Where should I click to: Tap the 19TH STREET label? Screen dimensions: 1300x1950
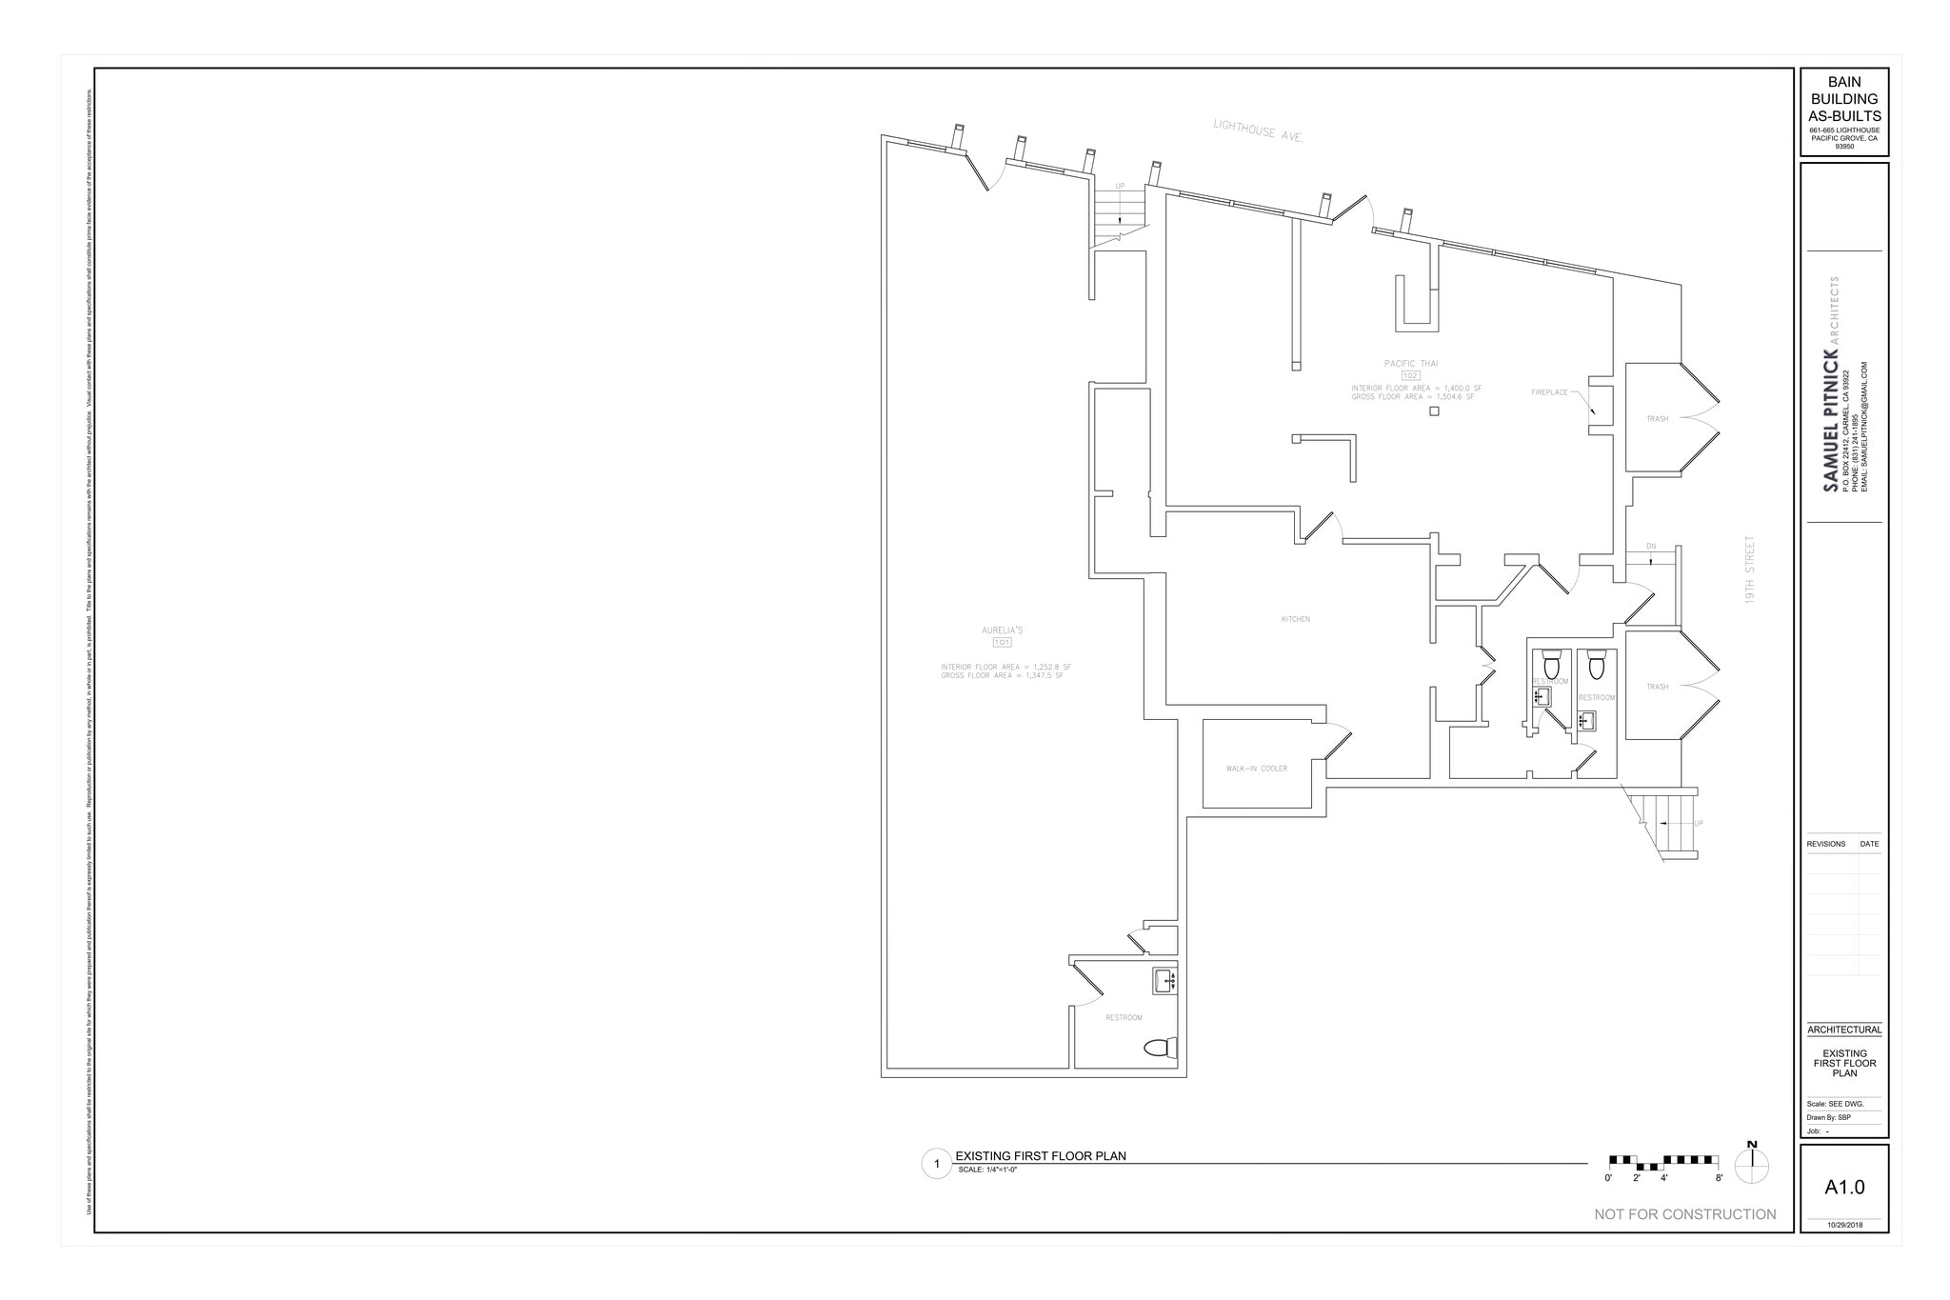pyautogui.click(x=1750, y=576)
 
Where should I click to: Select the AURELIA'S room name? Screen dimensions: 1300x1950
pyautogui.click(x=1002, y=630)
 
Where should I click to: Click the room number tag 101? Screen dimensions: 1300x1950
pyautogui.click(x=1002, y=643)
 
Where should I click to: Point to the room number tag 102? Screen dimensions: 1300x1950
pyautogui.click(x=1410, y=376)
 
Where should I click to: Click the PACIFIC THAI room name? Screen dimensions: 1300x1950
pyautogui.click(x=1410, y=363)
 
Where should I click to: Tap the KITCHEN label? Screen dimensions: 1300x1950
pyautogui.click(x=1296, y=619)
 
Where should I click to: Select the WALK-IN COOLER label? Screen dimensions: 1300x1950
pyautogui.click(x=1256, y=769)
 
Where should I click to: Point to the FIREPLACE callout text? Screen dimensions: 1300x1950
pyautogui.click(x=1549, y=392)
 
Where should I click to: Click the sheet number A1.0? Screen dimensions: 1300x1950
pyautogui.click(x=1844, y=1188)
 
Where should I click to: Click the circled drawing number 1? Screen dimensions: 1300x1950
pyautogui.click(x=936, y=1164)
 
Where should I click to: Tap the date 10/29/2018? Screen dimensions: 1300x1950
pyautogui.click(x=1844, y=1225)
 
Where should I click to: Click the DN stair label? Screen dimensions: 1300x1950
pyautogui.click(x=1651, y=547)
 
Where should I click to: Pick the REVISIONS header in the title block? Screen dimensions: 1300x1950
pyautogui.click(x=1825, y=844)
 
